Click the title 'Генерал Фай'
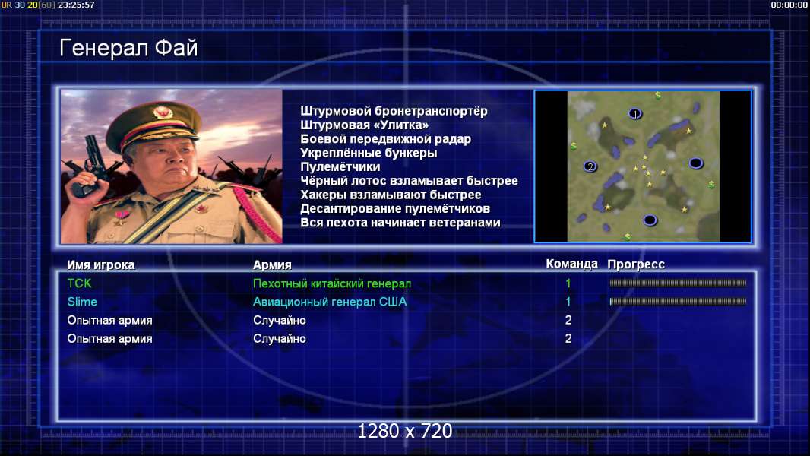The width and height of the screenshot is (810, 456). pos(128,48)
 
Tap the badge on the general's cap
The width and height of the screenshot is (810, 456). pos(162,112)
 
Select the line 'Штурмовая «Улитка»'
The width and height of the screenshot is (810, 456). pos(364,125)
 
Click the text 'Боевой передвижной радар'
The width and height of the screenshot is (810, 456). pos(385,139)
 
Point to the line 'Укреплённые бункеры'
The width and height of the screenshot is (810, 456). pos(369,153)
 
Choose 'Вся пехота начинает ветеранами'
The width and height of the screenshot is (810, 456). pos(400,223)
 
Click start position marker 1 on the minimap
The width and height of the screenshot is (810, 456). pos(635,113)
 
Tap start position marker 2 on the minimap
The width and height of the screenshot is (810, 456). pos(590,166)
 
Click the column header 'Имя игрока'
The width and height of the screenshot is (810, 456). pos(101,265)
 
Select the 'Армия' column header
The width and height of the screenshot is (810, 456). pos(272,265)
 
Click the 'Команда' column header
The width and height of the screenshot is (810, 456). pos(572,264)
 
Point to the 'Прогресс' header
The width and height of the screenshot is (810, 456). pos(636,264)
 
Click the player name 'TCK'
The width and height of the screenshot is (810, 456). pos(79,283)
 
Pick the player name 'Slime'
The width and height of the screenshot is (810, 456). pos(82,302)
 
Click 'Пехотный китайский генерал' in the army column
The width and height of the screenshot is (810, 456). pos(331,283)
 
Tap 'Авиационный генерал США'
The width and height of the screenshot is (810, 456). pos(330,302)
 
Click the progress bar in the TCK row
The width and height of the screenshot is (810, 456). pos(678,283)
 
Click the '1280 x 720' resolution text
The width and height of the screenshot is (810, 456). pos(405,431)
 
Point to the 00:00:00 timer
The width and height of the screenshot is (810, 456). pos(789,5)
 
